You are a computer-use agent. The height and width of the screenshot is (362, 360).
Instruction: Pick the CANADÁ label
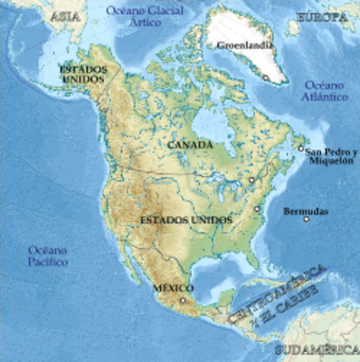click(x=190, y=143)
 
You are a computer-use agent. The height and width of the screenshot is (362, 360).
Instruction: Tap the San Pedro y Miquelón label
click(x=331, y=156)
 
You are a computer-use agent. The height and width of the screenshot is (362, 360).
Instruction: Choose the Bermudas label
click(x=306, y=211)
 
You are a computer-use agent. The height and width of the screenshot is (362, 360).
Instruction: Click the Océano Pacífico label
click(x=48, y=256)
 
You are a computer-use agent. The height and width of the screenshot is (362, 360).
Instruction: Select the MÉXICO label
click(x=173, y=288)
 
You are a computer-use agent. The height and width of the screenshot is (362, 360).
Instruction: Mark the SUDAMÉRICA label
click(x=316, y=349)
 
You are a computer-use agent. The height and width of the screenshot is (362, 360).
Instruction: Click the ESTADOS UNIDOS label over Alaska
click(x=83, y=73)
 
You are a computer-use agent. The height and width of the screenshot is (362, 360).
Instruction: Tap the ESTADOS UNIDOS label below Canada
click(x=185, y=219)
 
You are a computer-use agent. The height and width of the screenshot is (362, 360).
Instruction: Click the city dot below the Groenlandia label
click(x=266, y=78)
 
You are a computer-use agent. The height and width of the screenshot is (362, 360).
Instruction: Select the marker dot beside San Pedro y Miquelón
click(x=301, y=149)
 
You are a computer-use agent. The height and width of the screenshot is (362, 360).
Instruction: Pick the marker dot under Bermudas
click(x=306, y=219)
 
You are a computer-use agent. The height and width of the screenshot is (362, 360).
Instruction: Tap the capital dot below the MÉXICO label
click(x=182, y=300)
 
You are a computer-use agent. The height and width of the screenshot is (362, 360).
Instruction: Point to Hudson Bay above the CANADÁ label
click(x=203, y=121)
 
